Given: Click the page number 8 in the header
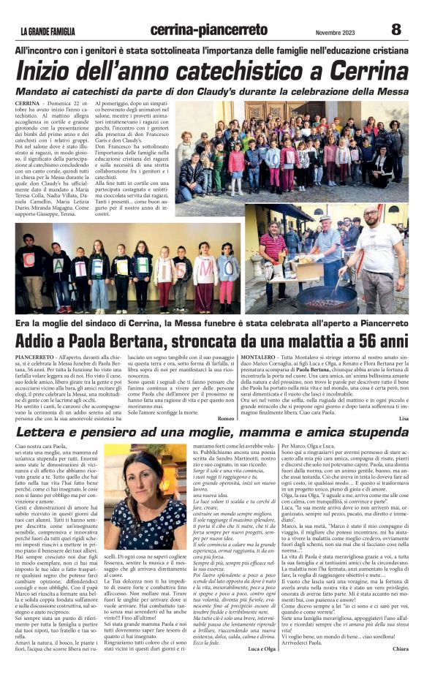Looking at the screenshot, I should pos(395,29).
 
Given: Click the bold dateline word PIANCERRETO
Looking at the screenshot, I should pos(33,355).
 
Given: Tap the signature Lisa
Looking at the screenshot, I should pos(404,418).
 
